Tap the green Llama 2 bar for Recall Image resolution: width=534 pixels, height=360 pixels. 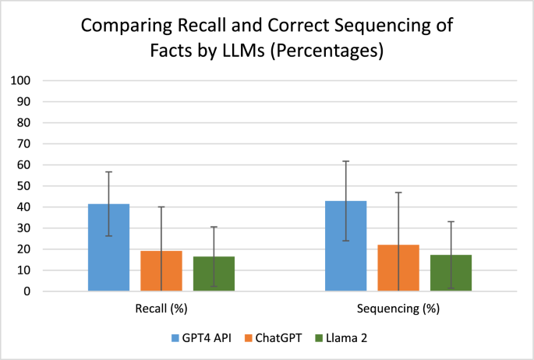tap(214, 274)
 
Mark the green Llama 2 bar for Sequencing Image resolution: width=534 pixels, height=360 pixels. tap(451, 274)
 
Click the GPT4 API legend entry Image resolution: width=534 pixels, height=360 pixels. tap(200, 338)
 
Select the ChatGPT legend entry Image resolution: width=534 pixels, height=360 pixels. tap(269, 338)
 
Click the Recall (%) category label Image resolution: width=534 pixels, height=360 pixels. tap(161, 309)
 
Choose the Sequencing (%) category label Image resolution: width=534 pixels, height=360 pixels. tap(398, 309)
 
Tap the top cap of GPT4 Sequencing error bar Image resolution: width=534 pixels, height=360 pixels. tap(345, 161)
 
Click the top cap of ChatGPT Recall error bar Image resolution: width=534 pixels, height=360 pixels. tap(161, 206)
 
